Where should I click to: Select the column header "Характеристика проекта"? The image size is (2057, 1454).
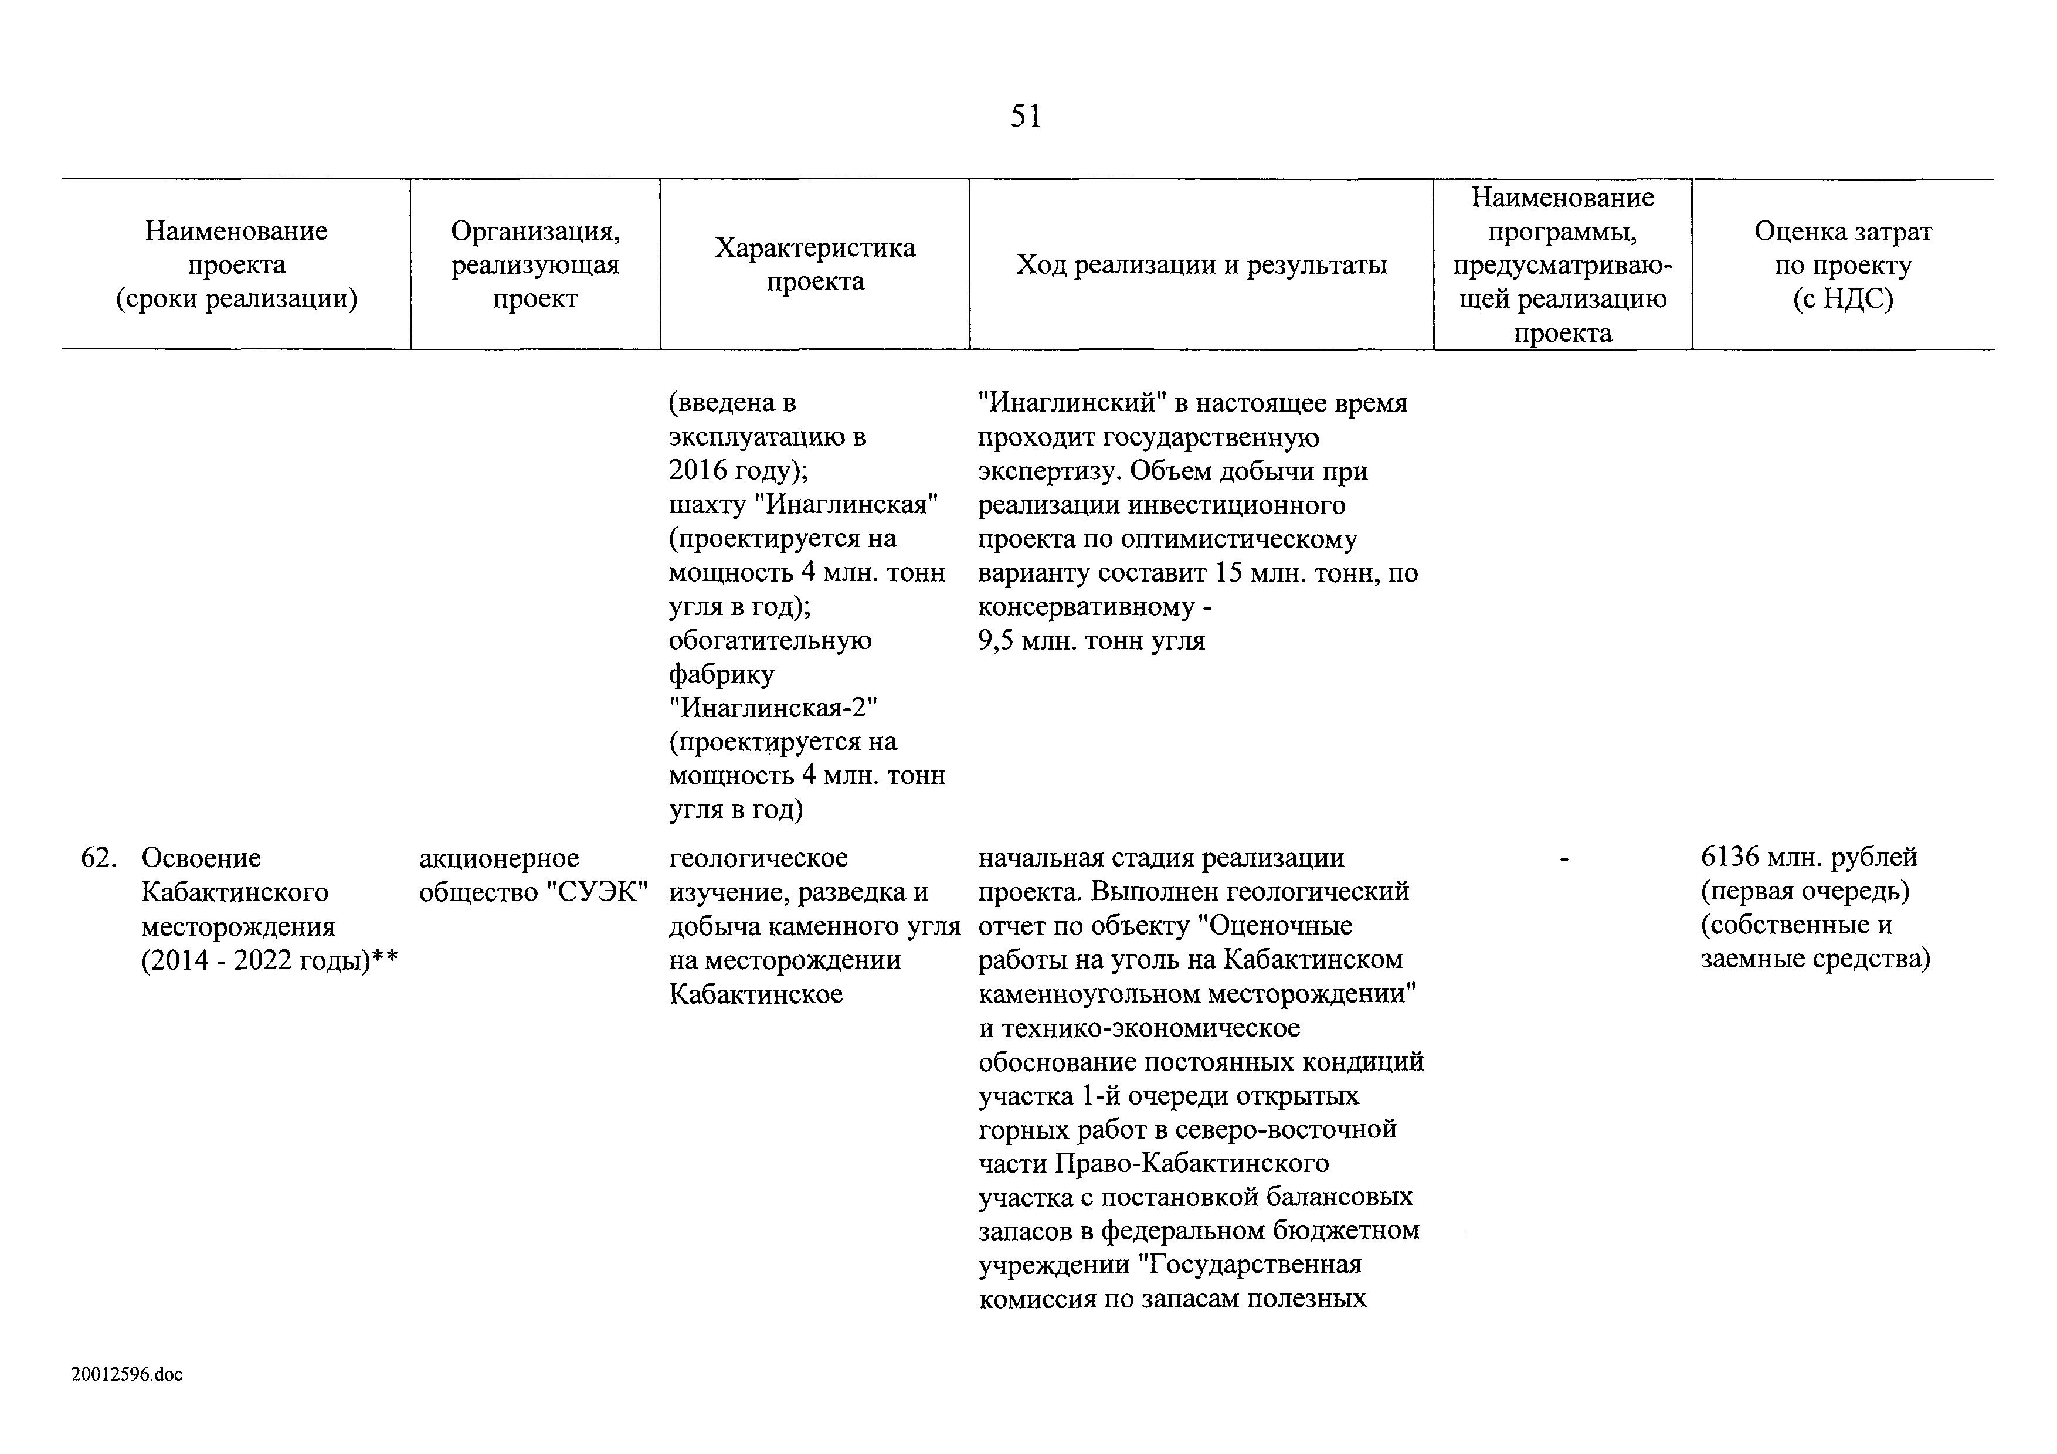click(x=814, y=264)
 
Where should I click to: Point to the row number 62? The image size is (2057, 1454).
click(x=98, y=858)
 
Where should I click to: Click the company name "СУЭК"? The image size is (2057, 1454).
click(x=597, y=892)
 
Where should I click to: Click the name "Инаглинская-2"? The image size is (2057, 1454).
click(x=774, y=708)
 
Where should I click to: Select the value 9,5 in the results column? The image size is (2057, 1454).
click(x=995, y=641)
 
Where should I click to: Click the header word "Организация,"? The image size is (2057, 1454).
click(x=535, y=231)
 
